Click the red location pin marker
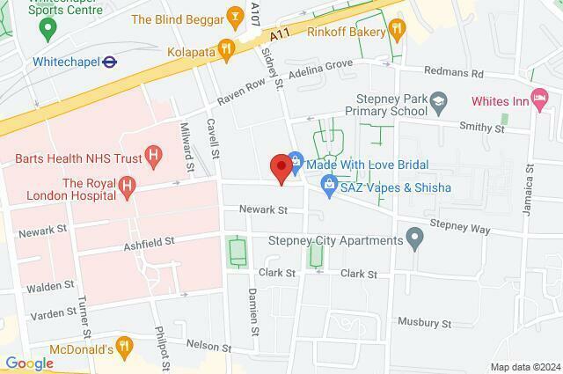281,167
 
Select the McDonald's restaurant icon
123,346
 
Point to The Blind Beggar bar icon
234,16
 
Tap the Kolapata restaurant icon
226,50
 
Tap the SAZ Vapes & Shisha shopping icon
328,185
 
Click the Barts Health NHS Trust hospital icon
155,158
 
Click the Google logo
29,363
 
